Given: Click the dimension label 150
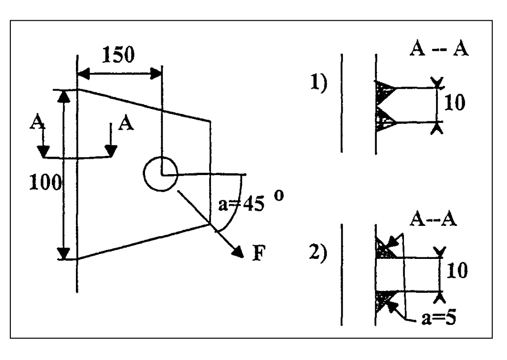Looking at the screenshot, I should coord(118,55).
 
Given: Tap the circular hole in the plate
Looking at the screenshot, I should coord(159,174).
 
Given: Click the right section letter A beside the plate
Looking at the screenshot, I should coord(127,122).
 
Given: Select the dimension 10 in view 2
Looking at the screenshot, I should coord(457,270).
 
